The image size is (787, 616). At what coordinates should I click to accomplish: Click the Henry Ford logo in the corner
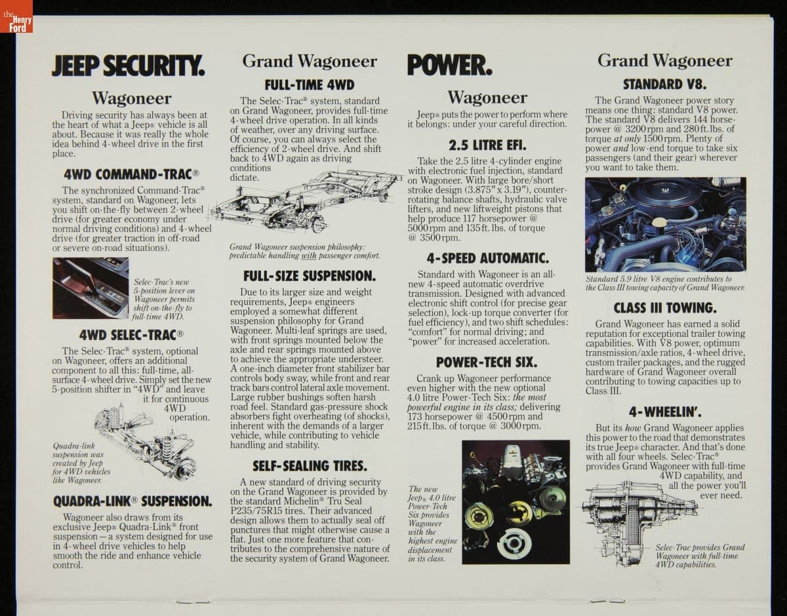16,16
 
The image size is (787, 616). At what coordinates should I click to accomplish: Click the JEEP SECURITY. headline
128,66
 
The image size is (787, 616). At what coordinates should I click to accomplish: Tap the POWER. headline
449,65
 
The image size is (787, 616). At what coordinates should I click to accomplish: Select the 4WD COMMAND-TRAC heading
131,174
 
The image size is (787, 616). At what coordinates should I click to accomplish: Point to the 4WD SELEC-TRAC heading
131,335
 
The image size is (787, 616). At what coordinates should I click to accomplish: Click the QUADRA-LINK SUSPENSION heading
132,501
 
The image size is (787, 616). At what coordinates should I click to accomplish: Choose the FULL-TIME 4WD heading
310,85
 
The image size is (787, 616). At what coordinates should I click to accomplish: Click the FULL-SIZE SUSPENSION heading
310,277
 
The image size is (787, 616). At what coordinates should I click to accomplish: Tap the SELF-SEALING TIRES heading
310,466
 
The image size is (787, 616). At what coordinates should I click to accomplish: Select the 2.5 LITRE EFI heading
487,145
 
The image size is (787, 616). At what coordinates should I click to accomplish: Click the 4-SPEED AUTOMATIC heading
487,258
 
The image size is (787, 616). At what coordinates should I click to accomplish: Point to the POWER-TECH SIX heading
487,362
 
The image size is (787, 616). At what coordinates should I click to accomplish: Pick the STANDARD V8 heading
665,85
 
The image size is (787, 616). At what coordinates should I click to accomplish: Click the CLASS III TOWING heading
665,308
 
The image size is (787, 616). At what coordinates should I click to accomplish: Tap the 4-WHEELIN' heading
665,412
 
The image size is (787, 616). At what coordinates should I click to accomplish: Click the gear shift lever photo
91,288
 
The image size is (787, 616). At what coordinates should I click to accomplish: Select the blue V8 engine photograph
665,225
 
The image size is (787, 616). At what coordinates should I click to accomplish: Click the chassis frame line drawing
306,202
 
